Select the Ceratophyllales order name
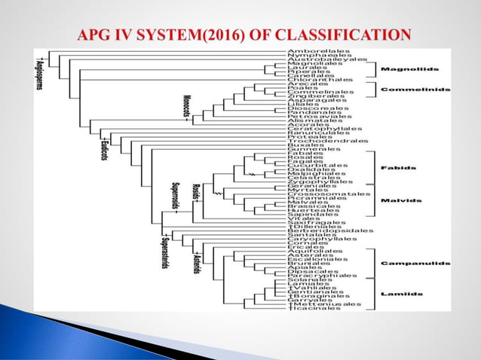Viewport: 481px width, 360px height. click(x=320, y=129)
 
